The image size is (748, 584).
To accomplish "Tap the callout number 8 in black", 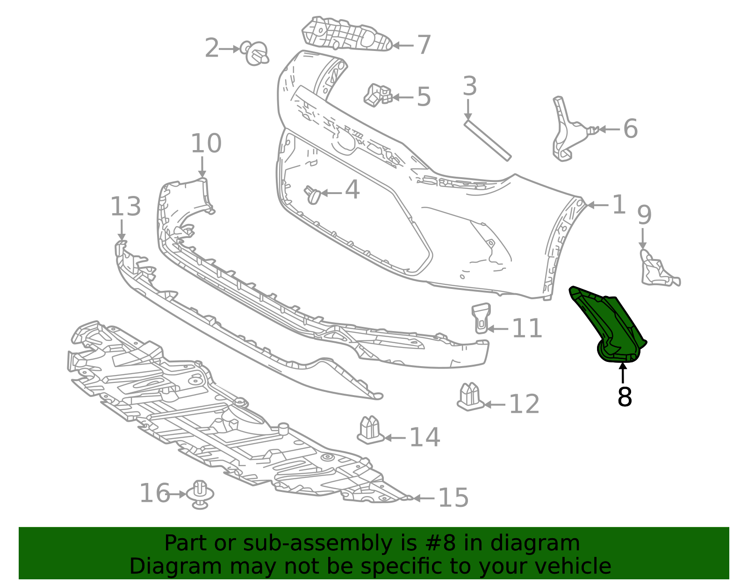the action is (x=625, y=397).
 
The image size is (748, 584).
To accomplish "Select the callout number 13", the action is (x=126, y=207).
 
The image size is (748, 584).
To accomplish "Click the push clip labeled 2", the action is (x=255, y=53).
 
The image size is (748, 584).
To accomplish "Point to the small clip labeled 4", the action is (x=312, y=195).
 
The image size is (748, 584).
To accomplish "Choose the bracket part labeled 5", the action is (x=378, y=95).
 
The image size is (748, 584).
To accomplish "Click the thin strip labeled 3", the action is (x=488, y=140).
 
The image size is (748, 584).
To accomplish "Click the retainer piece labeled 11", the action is (x=481, y=318).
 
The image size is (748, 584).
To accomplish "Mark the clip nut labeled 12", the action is (x=470, y=397).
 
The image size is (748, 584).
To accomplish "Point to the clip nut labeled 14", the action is (x=370, y=430).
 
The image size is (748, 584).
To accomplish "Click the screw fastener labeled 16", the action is (x=200, y=495).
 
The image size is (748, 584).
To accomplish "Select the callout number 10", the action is (x=206, y=143).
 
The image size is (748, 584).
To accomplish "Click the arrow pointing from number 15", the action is (x=424, y=498).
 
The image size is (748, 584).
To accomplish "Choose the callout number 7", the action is (x=424, y=45).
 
